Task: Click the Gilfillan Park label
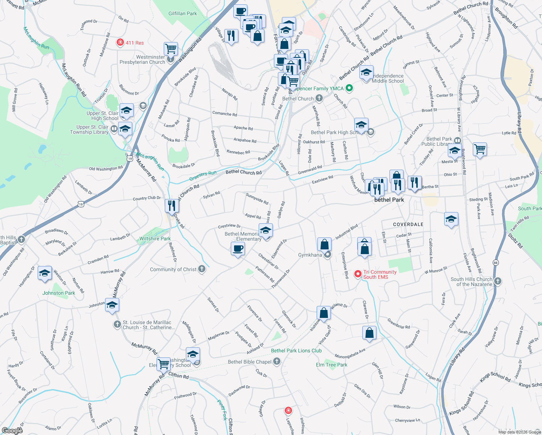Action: tap(183, 14)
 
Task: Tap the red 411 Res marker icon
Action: tap(120, 42)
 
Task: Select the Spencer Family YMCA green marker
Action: tap(349, 88)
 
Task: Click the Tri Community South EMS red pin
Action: tap(358, 274)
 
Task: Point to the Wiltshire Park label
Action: tap(155, 239)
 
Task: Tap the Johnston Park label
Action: tap(59, 293)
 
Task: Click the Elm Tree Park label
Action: tap(332, 365)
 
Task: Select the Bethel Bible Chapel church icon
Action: tap(277, 361)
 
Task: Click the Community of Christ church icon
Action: tap(202, 269)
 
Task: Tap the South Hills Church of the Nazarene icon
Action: tap(498, 281)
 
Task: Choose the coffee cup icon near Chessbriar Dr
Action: tap(238, 249)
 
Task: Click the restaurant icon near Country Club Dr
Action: tap(171, 206)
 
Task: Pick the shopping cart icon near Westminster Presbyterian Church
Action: tap(170, 48)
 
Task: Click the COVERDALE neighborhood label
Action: tap(408, 224)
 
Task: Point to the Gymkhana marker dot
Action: tap(328, 255)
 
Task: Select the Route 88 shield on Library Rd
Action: tap(495, 262)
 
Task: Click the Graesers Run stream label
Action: tap(203, 176)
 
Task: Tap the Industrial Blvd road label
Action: tap(347, 232)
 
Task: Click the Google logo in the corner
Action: tap(12, 431)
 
